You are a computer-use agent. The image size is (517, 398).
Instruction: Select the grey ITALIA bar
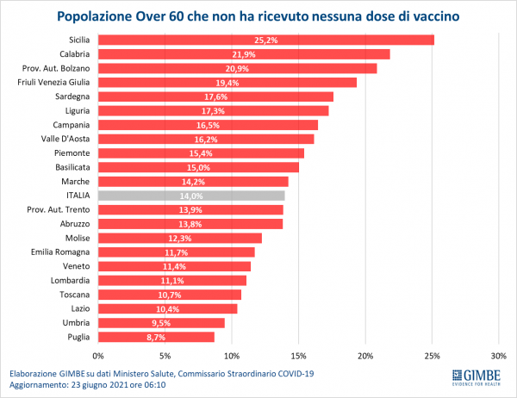point(191,196)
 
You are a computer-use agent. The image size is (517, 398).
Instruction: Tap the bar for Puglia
point(156,337)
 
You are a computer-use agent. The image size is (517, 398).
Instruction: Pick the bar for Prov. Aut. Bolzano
point(237,68)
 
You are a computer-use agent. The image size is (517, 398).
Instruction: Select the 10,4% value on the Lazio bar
point(167,308)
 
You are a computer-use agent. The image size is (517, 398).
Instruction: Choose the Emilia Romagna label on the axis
point(61,252)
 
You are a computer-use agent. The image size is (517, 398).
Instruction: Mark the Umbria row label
point(76,322)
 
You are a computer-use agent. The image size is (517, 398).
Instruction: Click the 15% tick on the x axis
point(298,355)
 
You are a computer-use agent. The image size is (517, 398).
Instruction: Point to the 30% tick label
point(498,355)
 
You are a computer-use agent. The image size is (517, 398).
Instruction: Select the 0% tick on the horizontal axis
point(98,355)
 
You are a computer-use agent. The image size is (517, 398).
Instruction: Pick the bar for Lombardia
point(172,280)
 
